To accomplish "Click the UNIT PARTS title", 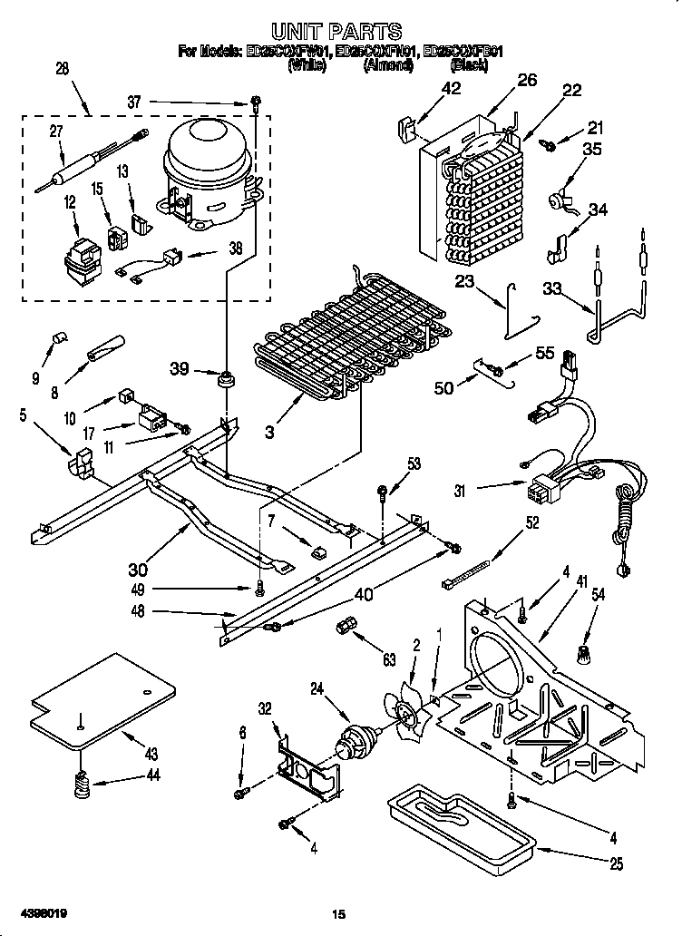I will click(337, 34).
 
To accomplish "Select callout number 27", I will click(55, 131).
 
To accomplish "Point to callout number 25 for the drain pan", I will click(616, 864).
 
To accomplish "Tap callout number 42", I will click(451, 89).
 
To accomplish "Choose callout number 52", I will click(531, 523).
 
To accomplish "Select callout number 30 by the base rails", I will click(138, 570).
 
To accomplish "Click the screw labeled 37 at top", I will click(257, 103).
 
